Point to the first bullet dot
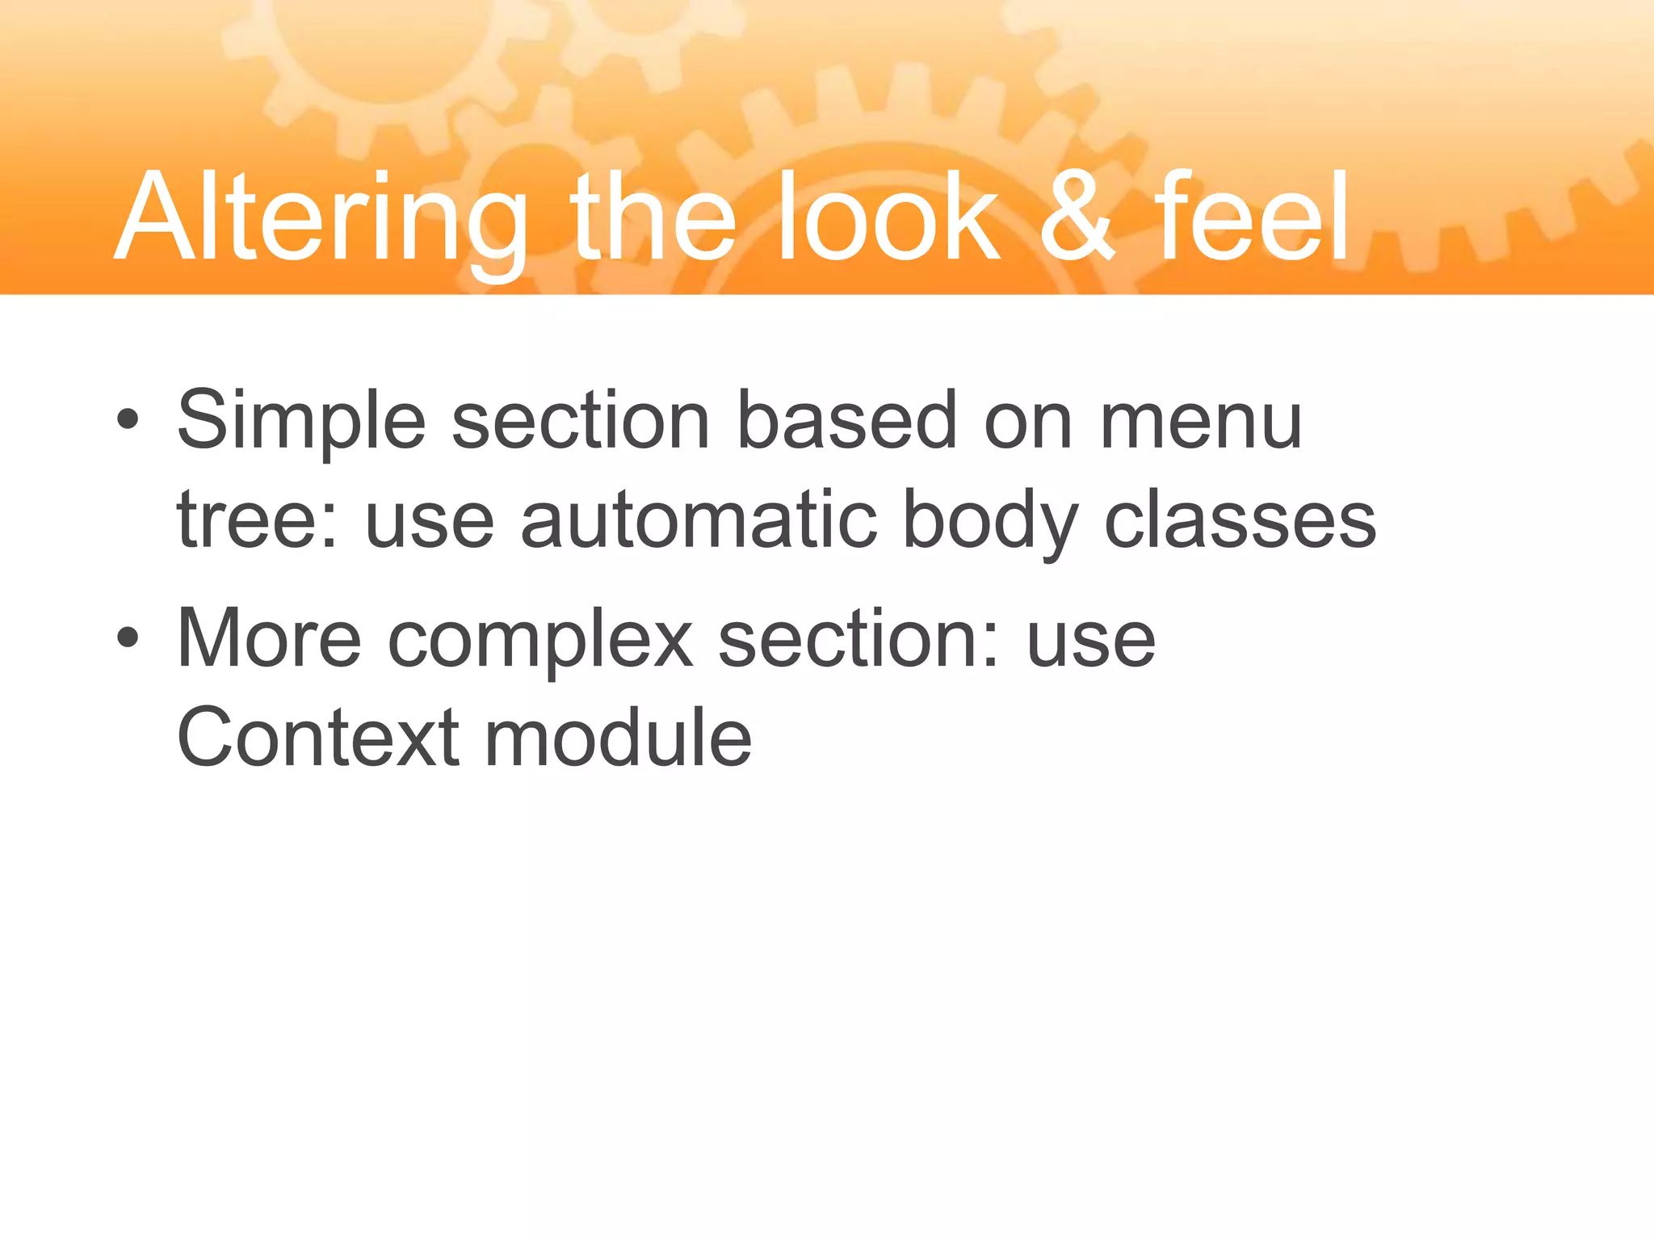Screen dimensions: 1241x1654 pos(128,420)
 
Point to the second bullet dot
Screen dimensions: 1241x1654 pos(128,638)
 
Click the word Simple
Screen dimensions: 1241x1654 pos(300,422)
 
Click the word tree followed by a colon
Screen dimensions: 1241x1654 pos(257,521)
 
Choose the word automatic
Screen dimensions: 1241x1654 pos(699,521)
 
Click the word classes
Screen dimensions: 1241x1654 pos(1240,521)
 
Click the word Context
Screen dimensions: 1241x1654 pos(317,737)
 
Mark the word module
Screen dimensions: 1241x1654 pos(618,737)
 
